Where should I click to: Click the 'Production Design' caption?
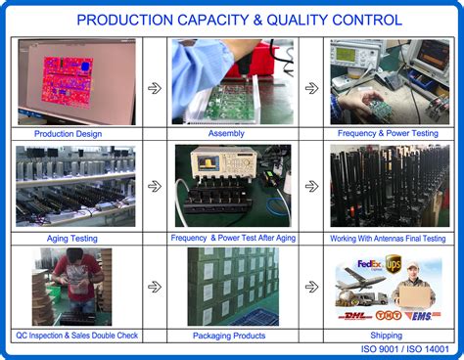68,134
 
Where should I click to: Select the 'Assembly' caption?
226,134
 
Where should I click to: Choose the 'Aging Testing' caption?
71,238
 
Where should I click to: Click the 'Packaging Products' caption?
227,336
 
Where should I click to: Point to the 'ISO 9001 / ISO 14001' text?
398,349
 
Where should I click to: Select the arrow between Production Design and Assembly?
155,87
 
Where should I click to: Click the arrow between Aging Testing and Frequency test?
155,186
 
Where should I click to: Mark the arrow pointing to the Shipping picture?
311,287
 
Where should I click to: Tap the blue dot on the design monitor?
84,66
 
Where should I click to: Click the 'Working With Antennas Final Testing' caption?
387,238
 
